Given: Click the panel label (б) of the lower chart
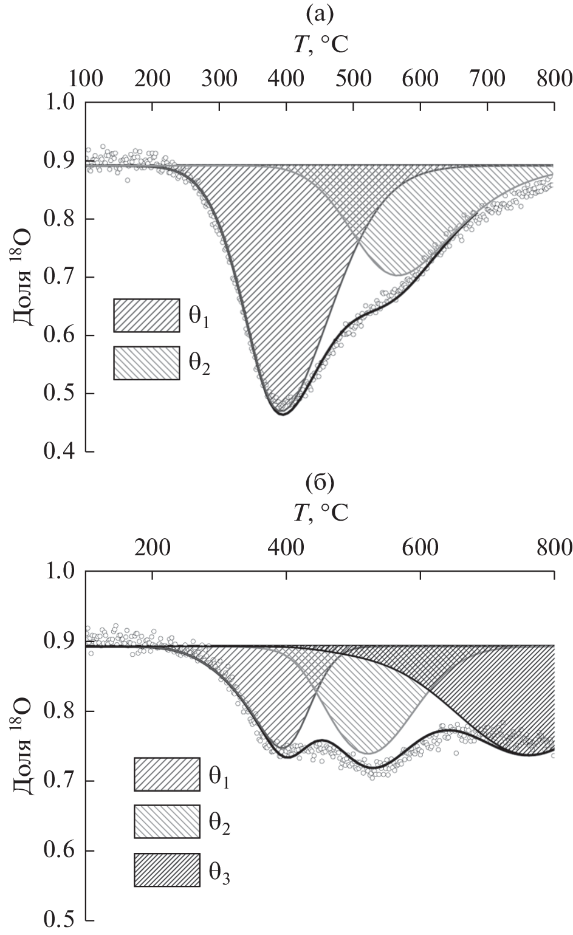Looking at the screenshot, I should [x=320, y=484].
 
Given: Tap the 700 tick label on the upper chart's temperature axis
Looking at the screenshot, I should [x=487, y=79].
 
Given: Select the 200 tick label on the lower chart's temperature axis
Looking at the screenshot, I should [x=151, y=547].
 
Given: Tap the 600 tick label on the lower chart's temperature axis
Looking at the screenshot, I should [x=420, y=547].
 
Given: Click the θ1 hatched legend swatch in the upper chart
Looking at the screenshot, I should [x=146, y=315].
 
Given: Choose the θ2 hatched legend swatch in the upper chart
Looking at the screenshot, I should [x=146, y=363].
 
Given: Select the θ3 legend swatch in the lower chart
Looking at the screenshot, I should [x=167, y=869].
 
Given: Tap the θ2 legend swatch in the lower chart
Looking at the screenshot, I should [x=167, y=821].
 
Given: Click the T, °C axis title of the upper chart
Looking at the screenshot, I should [x=320, y=46].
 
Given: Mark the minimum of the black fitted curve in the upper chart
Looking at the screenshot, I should [x=283, y=414].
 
